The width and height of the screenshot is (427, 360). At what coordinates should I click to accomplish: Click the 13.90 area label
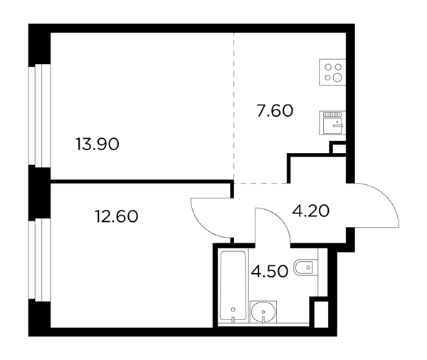pyautogui.click(x=97, y=144)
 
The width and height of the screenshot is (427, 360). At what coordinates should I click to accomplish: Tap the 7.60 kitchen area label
pyautogui.click(x=275, y=111)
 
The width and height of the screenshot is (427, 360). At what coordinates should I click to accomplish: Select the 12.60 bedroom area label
pyautogui.click(x=117, y=216)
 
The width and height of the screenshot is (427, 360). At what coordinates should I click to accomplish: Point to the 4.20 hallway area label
pyautogui.click(x=311, y=211)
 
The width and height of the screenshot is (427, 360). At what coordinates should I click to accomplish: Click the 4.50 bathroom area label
pyautogui.click(x=270, y=271)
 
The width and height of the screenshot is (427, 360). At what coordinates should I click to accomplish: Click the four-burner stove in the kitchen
pyautogui.click(x=332, y=72)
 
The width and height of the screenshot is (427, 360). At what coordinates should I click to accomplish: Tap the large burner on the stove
pyautogui.click(x=337, y=78)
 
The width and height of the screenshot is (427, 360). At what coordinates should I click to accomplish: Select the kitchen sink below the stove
pyautogui.click(x=332, y=123)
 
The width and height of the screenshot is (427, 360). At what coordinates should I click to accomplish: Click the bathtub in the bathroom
pyautogui.click(x=233, y=285)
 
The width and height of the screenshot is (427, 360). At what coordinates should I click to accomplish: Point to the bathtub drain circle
pyautogui.click(x=233, y=309)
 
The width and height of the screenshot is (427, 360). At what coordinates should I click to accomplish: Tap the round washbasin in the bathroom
pyautogui.click(x=263, y=312)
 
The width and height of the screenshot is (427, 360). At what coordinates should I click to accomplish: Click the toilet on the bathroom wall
pyautogui.click(x=306, y=267)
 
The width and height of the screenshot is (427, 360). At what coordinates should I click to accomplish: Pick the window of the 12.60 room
pyautogui.click(x=39, y=260)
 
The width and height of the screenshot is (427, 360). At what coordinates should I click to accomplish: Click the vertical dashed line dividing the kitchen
pyautogui.click(x=233, y=107)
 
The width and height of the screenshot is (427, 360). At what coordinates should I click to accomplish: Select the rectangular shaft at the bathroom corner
pyautogui.click(x=321, y=314)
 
